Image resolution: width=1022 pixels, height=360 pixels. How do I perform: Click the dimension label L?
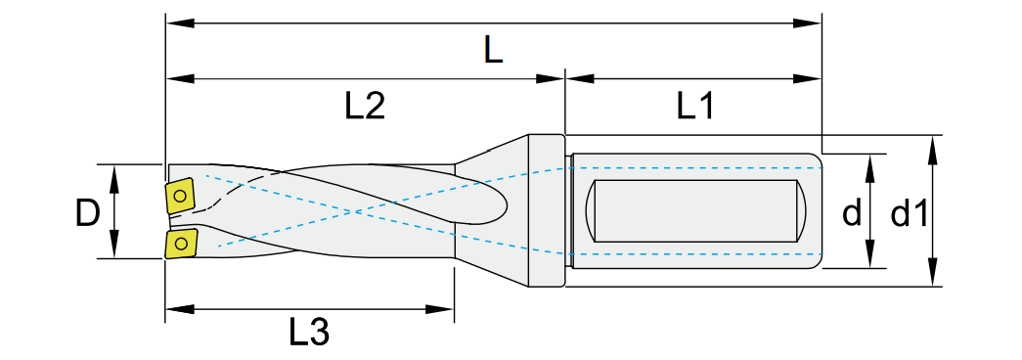point(494,51)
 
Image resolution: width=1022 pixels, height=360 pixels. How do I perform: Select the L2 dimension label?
point(365,106)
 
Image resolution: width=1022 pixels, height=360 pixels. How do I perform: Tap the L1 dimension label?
point(695,106)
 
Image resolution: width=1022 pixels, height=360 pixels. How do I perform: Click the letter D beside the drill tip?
point(87,212)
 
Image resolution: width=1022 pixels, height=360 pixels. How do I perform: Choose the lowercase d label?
point(851,212)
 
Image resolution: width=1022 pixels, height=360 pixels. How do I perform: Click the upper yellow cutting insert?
point(180,195)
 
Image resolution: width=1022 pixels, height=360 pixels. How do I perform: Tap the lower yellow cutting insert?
point(181,244)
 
